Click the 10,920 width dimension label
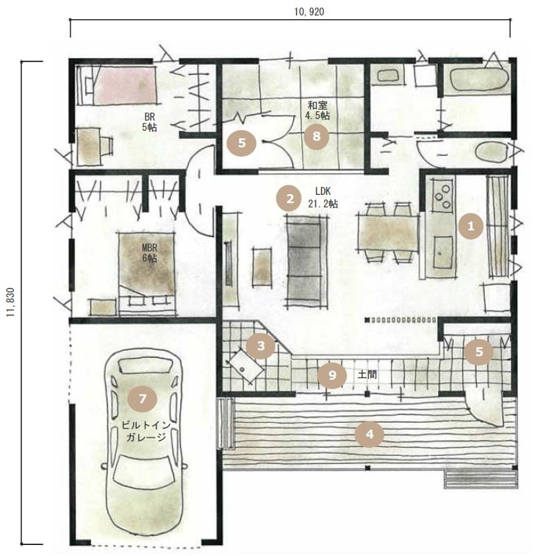pyautogui.click(x=309, y=12)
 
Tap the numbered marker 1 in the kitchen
pyautogui.click(x=471, y=226)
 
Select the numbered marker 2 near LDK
pyautogui.click(x=290, y=199)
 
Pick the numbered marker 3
pyautogui.click(x=261, y=346)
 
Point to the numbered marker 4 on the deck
pyautogui.click(x=370, y=434)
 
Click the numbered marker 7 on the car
pyautogui.click(x=143, y=399)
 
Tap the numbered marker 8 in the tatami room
pyautogui.click(x=316, y=136)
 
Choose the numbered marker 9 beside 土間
pyautogui.click(x=332, y=375)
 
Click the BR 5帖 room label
pyautogui.click(x=149, y=122)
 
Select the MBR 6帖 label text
pyautogui.click(x=149, y=253)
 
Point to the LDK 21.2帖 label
pyautogui.click(x=323, y=198)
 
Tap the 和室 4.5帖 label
pyautogui.click(x=317, y=110)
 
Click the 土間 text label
pyautogui.click(x=367, y=374)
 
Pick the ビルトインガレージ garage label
pyautogui.click(x=146, y=431)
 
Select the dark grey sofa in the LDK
pyautogui.click(x=306, y=261)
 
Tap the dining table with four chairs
pyautogui.click(x=389, y=232)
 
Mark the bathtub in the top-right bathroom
pyautogui.click(x=478, y=79)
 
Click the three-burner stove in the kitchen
pyautogui.click(x=442, y=196)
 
